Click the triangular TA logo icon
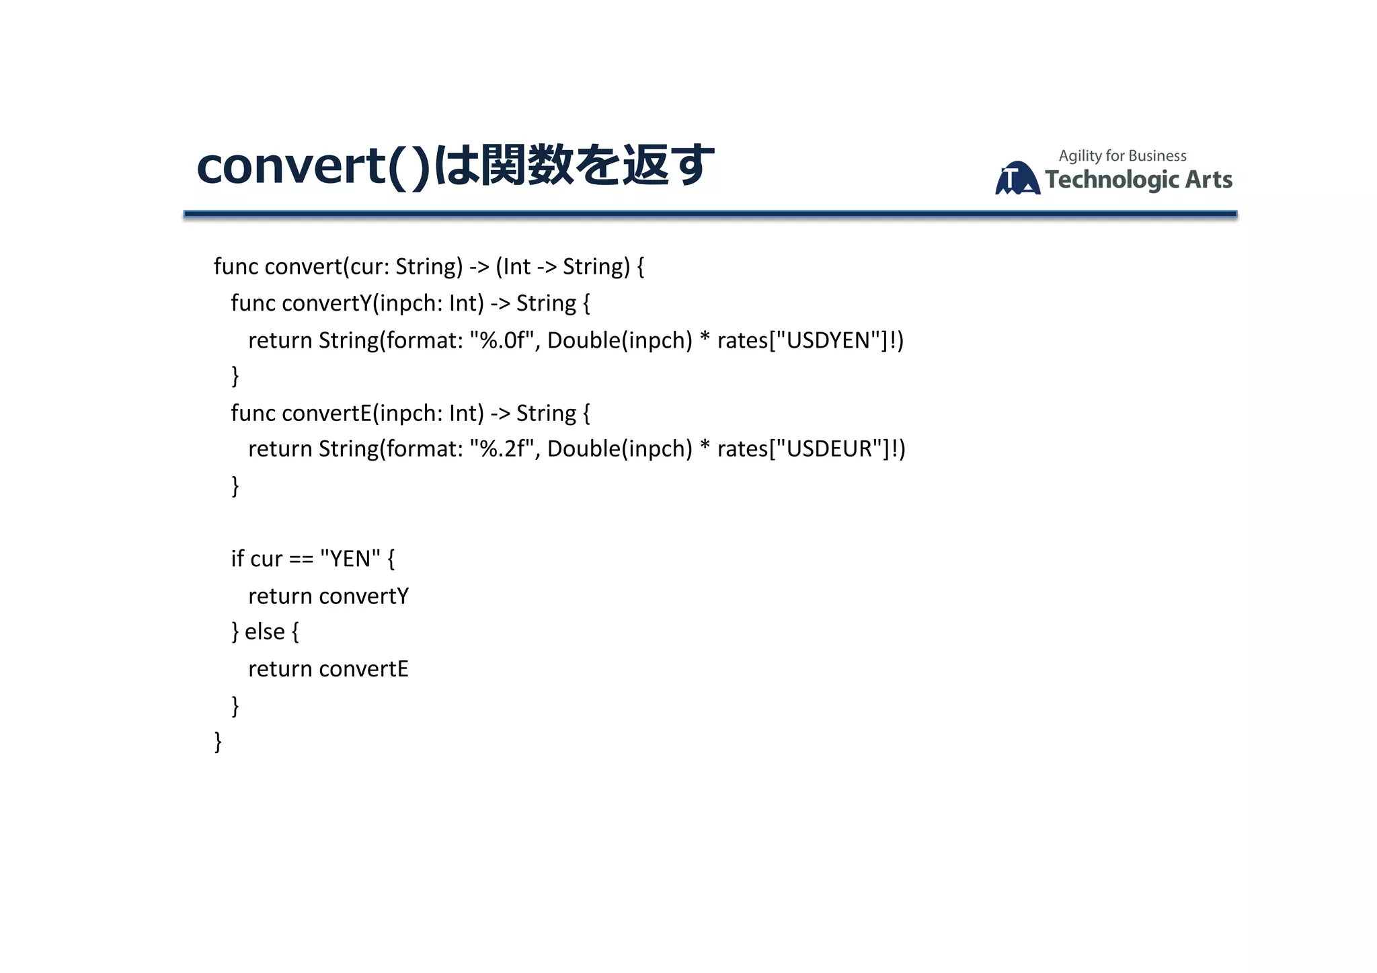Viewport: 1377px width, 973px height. [x=1017, y=178]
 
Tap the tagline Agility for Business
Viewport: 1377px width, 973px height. [x=1122, y=156]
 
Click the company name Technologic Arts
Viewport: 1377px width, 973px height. [x=1138, y=180]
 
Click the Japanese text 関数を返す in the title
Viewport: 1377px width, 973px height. [x=597, y=165]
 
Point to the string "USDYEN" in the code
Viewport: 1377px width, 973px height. [x=828, y=340]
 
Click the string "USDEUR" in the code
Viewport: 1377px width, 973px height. [x=829, y=449]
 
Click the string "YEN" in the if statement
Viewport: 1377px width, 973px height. [x=350, y=559]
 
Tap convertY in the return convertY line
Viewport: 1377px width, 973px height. [x=364, y=596]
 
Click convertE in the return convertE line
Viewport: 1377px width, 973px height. [x=364, y=669]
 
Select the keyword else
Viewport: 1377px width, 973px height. [x=265, y=632]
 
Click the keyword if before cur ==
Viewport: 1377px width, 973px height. [x=237, y=559]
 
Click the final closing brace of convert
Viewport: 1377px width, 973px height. [x=218, y=742]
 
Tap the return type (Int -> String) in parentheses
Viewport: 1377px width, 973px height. [x=563, y=267]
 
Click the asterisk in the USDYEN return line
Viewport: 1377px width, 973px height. [x=705, y=339]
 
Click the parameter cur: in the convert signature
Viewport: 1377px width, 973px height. [x=369, y=267]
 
